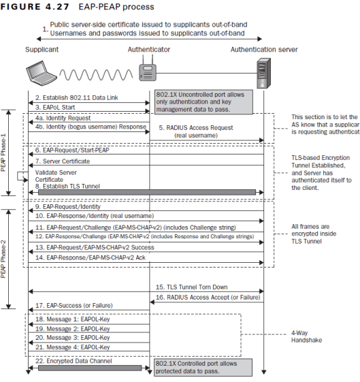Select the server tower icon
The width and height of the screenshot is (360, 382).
pyautogui.click(x=263, y=72)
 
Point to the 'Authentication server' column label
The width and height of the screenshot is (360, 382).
pyautogui.click(x=263, y=50)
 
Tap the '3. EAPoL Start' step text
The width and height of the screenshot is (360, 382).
pyautogui.click(x=56, y=107)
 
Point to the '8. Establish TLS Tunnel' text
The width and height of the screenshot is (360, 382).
pyautogui.click(x=65, y=185)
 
